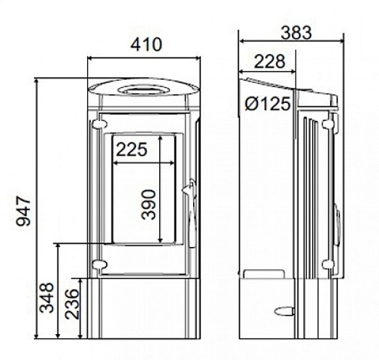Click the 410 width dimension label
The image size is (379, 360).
(x=146, y=45)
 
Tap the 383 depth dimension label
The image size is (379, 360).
(x=296, y=33)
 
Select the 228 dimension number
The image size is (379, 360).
(x=269, y=61)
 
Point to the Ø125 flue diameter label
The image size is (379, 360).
(x=267, y=104)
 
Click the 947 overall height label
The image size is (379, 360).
(x=24, y=211)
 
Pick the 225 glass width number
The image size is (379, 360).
(x=132, y=149)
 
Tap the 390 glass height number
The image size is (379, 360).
(x=148, y=205)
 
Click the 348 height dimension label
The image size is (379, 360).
(x=47, y=297)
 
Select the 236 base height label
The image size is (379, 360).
(x=72, y=304)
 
